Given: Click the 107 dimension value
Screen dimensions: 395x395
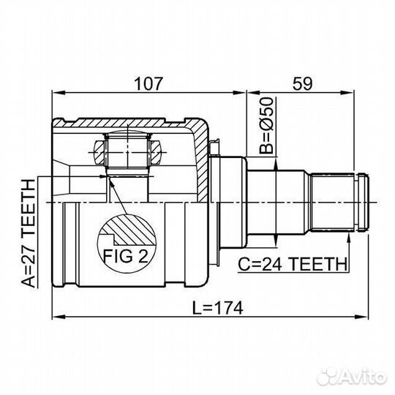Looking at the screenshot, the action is (x=148, y=83).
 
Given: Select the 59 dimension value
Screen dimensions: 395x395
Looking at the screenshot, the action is (x=302, y=83).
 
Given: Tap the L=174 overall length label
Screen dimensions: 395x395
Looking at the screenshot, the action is (x=218, y=308).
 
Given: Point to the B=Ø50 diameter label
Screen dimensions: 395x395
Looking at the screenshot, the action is (x=266, y=126).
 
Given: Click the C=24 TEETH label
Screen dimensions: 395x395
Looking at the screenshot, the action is (x=293, y=264).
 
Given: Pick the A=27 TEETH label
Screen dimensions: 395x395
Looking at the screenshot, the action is (x=28, y=233).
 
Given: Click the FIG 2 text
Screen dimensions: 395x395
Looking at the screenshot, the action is (x=126, y=256).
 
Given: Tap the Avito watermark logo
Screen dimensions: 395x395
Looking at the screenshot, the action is (x=352, y=377).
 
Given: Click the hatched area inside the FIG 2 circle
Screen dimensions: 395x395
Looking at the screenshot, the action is (x=131, y=229).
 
